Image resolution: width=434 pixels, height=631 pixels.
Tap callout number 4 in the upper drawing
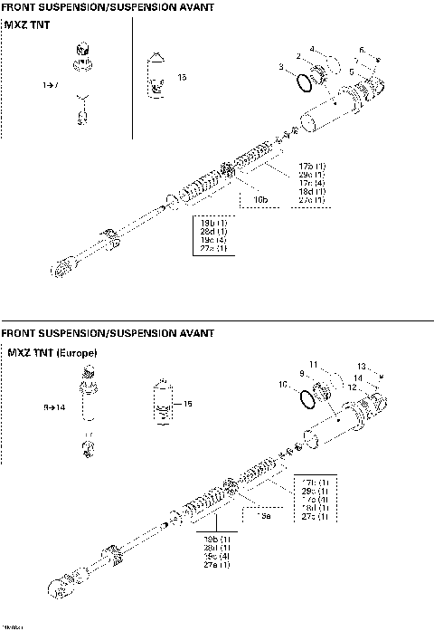(312, 49)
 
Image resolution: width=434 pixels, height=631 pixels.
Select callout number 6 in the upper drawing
(362, 50)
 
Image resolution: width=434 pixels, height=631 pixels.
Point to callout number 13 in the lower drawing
(360, 366)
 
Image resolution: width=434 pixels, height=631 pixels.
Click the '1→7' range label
(51, 84)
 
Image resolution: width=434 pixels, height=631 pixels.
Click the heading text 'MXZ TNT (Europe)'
(51, 351)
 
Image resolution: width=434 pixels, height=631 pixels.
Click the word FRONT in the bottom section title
(23, 332)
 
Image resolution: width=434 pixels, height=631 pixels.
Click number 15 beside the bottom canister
(189, 403)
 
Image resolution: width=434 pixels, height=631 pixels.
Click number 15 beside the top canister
(182, 79)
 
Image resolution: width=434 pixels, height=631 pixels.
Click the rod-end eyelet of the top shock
(61, 269)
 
